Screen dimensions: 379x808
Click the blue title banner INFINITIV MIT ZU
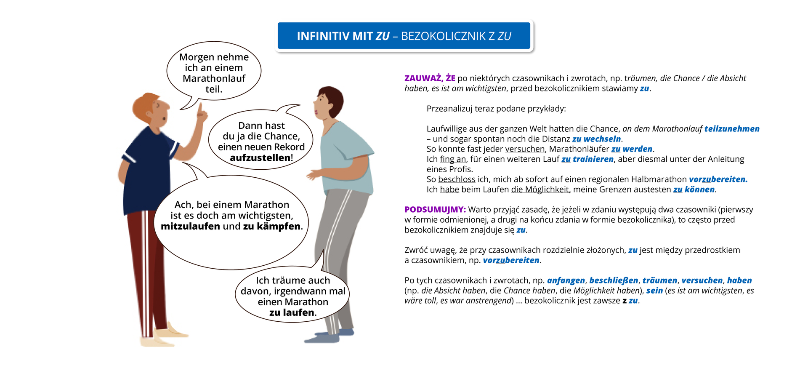(404, 36)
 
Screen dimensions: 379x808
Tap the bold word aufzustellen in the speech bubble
(260, 158)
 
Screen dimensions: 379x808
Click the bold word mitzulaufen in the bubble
(190, 227)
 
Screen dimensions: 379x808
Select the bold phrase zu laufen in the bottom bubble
(292, 312)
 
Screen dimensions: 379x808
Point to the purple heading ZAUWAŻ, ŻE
(429, 78)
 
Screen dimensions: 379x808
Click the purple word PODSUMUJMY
(435, 210)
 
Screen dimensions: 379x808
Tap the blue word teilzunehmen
(731, 129)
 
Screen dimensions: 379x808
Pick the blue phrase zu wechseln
(596, 139)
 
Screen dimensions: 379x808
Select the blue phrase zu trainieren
(587, 159)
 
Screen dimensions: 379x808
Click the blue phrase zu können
(694, 189)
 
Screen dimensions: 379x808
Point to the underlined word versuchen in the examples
(525, 149)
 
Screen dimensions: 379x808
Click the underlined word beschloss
(457, 179)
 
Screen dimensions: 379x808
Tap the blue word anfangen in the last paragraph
(566, 280)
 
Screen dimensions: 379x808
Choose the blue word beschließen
(614, 280)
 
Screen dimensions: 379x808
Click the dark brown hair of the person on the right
(332, 99)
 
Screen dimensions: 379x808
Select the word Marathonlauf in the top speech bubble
(214, 79)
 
